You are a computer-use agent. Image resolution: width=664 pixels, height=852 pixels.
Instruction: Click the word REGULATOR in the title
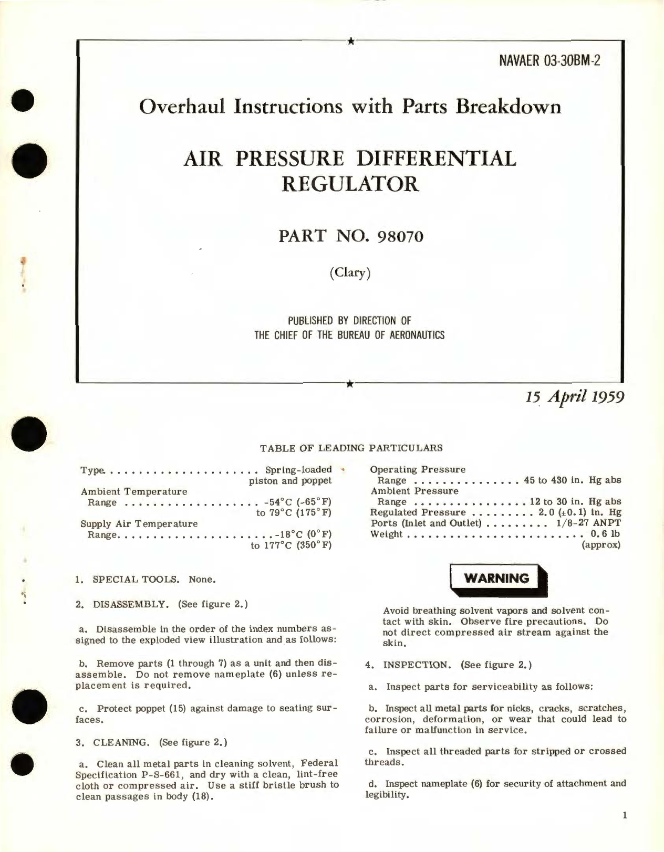(350, 184)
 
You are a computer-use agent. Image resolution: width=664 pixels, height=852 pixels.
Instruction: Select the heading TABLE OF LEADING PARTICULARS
(351, 448)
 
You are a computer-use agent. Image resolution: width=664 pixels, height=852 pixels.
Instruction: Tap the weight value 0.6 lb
(605, 534)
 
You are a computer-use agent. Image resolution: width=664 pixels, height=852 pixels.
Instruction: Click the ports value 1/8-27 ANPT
(588, 523)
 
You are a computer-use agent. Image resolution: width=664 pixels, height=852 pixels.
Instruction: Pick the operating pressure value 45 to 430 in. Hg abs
(572, 480)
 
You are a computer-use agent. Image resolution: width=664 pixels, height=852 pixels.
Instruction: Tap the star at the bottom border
(350, 384)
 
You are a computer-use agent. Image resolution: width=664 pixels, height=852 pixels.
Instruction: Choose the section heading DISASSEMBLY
(131, 604)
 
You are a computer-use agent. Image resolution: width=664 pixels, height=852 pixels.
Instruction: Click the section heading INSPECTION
(417, 665)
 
